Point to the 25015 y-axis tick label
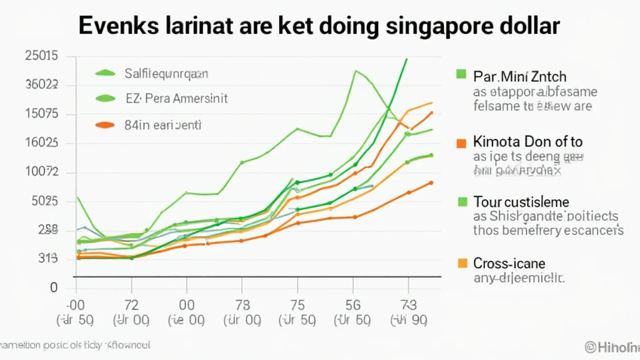point(41,56)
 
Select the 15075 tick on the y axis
point(41,114)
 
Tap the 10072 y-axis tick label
point(41,172)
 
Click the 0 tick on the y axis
point(54,288)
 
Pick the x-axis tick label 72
point(131,306)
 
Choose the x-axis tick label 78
point(241,306)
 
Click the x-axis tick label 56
point(353,306)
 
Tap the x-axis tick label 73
point(408,306)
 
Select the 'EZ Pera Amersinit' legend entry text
point(177,98)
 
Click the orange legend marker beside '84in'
point(105,125)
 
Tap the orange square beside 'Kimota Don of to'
point(462,142)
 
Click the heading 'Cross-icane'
point(509,263)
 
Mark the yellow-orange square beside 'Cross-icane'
point(462,263)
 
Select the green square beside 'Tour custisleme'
point(462,202)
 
